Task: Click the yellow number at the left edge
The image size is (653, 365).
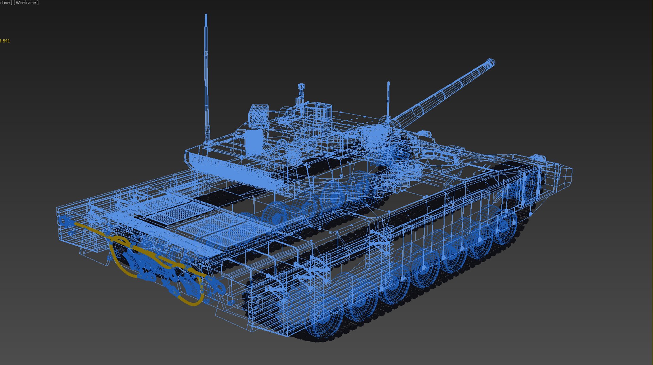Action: tap(5, 41)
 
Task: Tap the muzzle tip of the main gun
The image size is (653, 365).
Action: tap(491, 63)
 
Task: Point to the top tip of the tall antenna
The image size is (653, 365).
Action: tap(206, 15)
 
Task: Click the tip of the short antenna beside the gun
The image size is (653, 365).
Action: tap(388, 83)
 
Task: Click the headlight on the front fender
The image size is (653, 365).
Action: tap(537, 158)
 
